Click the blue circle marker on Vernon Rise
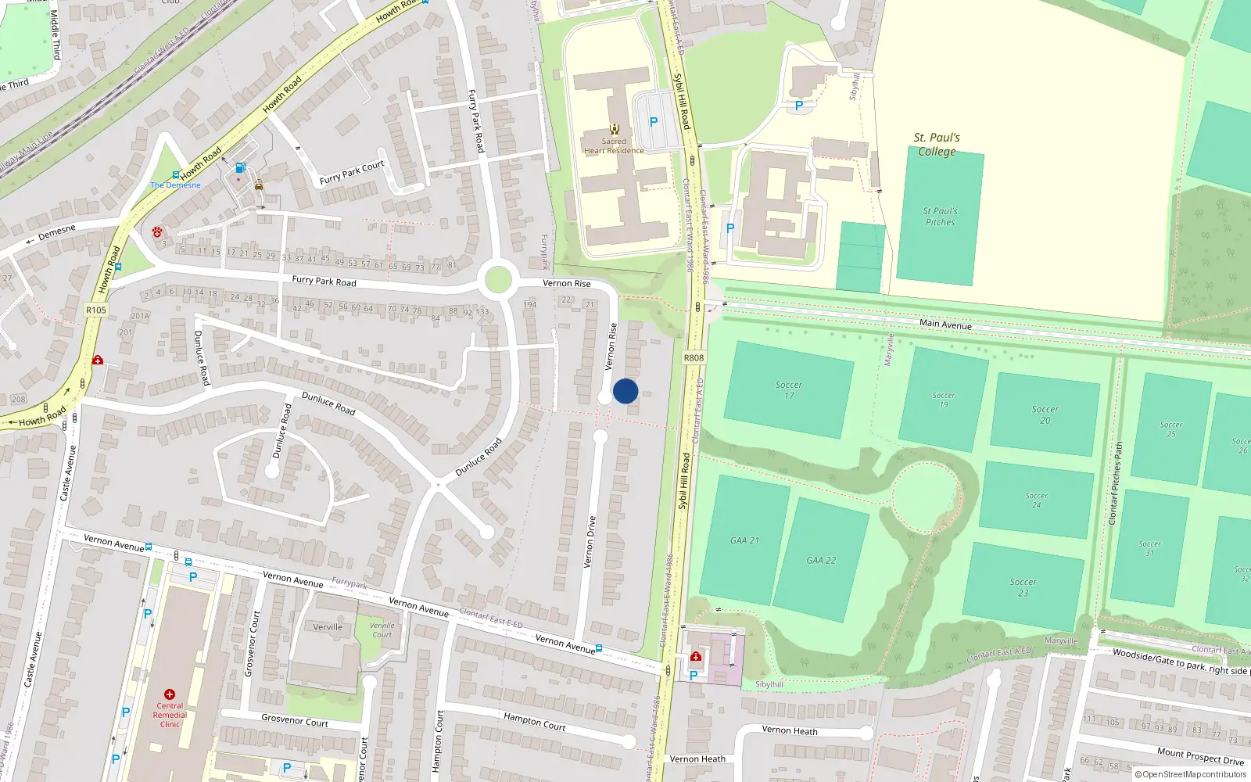point(625,391)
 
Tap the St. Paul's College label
point(937,145)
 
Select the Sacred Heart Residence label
point(614,146)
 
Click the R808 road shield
point(694,358)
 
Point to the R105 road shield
point(96,310)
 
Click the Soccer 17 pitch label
point(788,390)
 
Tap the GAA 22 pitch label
point(821,561)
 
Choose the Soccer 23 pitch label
point(1023,587)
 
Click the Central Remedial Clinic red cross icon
point(170,694)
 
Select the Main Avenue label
point(945,324)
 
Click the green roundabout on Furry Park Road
point(498,280)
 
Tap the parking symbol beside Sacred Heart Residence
point(654,122)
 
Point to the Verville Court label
point(382,630)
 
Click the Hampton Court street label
point(534,721)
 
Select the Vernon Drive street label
point(590,541)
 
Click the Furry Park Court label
point(352,172)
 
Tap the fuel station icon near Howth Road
point(240,167)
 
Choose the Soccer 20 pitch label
point(1045,414)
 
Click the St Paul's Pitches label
point(940,217)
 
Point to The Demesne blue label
point(175,185)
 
